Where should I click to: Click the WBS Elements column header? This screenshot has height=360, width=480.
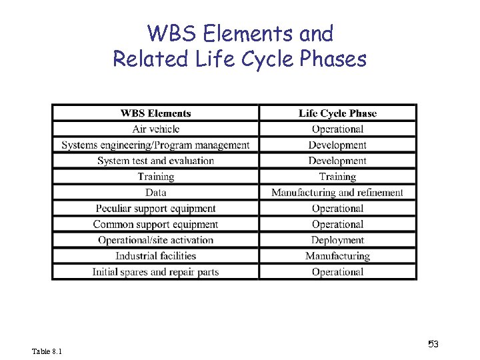155,113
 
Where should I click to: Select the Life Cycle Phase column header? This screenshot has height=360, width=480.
337,113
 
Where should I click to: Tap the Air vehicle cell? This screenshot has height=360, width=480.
155,129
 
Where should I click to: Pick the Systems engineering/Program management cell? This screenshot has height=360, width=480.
155,145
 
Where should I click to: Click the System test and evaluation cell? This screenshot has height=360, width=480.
155,161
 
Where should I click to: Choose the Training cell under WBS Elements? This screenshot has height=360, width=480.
155,177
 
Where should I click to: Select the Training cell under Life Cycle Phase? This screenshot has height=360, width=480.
337,177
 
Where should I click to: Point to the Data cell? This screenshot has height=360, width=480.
155,193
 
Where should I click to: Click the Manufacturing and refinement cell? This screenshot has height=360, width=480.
337,193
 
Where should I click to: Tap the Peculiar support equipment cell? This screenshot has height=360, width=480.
155,209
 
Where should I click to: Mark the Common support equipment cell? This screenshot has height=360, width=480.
155,225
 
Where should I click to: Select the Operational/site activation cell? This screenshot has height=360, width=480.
155,240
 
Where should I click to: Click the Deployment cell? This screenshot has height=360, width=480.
337,240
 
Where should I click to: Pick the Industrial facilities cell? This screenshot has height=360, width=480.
155,256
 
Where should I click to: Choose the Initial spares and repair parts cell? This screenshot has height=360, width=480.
155,272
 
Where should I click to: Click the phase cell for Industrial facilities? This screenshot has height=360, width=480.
337,256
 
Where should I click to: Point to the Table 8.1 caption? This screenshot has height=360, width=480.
47,351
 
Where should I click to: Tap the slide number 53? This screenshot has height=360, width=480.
433,344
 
